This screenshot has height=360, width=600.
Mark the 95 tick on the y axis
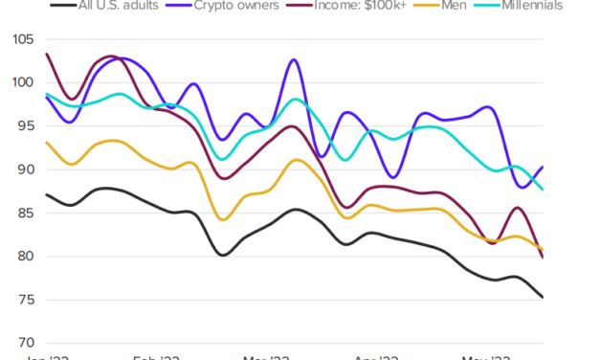click(23, 126)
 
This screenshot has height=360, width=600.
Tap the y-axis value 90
click(23, 169)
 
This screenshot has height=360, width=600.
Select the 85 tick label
click(23, 213)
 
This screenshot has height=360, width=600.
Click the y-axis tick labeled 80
click(23, 257)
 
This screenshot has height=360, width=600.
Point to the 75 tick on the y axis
click(23, 300)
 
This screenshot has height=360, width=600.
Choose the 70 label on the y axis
click(23, 343)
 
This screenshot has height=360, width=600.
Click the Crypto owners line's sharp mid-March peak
click(293, 59)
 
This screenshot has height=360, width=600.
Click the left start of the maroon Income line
click(46, 54)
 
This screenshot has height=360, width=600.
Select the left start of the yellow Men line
click(46, 142)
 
